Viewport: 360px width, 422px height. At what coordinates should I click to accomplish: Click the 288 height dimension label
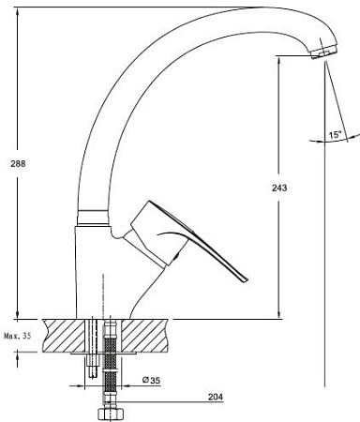click(18, 163)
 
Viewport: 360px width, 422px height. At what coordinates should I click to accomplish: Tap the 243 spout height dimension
click(279, 188)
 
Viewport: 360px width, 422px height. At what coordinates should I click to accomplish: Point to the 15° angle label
click(335, 135)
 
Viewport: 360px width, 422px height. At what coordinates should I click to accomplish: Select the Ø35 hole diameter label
click(151, 381)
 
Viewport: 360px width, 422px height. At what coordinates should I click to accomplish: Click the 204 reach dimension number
click(216, 397)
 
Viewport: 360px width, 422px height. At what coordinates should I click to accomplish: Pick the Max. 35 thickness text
click(18, 337)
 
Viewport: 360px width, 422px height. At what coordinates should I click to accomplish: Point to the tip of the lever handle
click(247, 280)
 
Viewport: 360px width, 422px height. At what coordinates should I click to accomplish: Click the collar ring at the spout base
click(93, 218)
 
